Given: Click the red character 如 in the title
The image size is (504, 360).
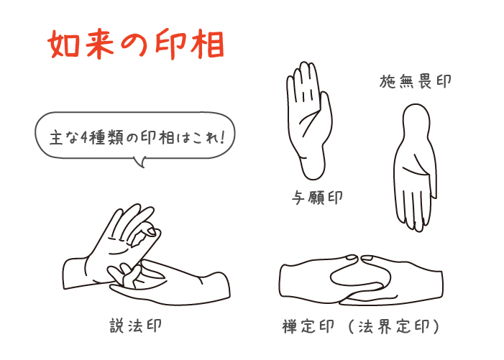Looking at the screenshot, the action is pos(63,45).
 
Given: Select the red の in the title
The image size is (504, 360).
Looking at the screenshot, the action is pos(134,45).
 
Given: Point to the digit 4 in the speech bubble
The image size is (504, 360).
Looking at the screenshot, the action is pos(83,138).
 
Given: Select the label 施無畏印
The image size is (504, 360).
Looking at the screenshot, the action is pos(416,81).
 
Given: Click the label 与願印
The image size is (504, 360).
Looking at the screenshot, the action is pos(316,197).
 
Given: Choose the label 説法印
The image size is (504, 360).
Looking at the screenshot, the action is pos(135,326).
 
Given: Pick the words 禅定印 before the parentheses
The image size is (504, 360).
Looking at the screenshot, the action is pos(308,327).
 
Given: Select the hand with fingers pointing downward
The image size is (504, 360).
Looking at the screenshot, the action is pos(416,167).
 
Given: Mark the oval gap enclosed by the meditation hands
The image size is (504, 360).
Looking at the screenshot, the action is pos(361,275).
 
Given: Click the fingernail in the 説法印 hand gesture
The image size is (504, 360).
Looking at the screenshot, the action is pos(151,231).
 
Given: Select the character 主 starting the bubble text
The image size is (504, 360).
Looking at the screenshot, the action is pos(55,139).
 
